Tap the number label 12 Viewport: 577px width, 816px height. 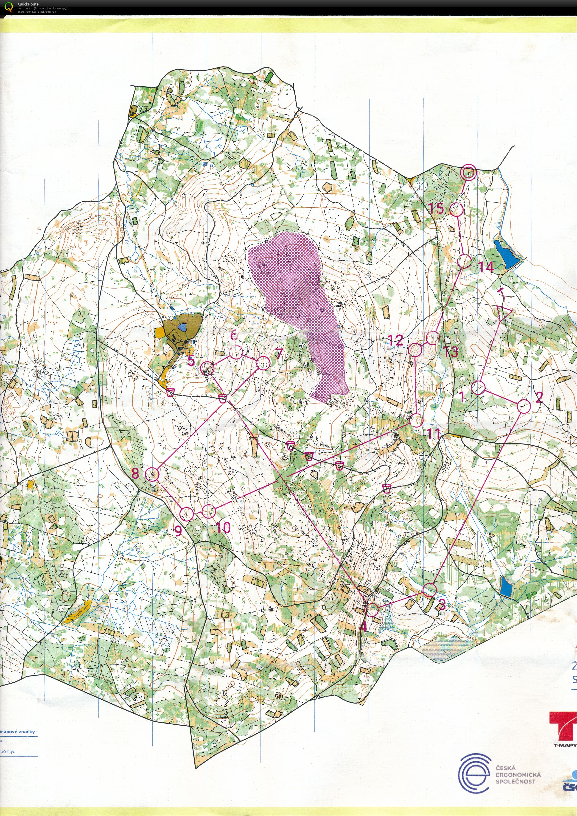pyautogui.click(x=395, y=340)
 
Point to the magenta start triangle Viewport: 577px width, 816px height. pyautogui.click(x=504, y=314)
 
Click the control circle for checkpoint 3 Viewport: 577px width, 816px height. pyautogui.click(x=430, y=590)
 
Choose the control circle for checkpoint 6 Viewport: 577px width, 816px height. pyautogui.click(x=236, y=353)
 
